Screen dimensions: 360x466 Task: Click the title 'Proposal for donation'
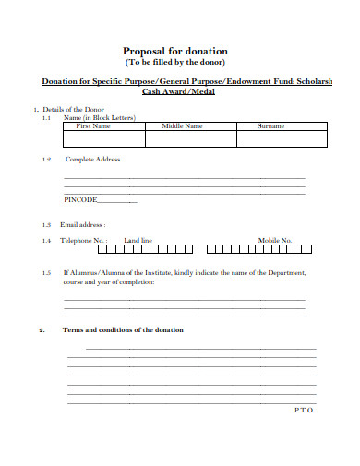coord(175,50)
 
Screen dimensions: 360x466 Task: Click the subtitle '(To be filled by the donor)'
coord(175,62)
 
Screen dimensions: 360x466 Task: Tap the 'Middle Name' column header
coord(182,126)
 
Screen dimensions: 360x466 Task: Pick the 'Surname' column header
coord(270,126)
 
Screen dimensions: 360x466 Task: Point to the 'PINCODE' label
coord(80,200)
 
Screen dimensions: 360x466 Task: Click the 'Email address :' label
coord(83,224)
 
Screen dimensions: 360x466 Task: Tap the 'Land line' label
coord(138,240)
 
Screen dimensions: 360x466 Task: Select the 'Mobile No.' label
coord(275,240)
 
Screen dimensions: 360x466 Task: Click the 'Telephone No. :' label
coord(84,240)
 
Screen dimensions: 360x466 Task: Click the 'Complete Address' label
coord(91,160)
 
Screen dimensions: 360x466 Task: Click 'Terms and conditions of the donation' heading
coord(123,329)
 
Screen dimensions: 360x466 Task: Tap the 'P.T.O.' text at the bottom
coord(304,409)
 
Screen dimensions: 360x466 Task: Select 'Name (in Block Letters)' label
coord(99,118)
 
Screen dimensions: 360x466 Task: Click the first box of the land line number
coord(116,248)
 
